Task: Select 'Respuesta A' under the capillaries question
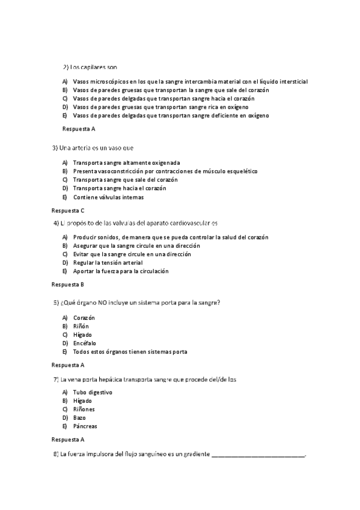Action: pos(79,129)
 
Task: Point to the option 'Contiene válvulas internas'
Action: pos(108,197)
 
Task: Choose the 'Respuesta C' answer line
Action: pos(68,210)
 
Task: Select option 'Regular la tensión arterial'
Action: pos(109,263)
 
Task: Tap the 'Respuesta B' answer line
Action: pos(68,284)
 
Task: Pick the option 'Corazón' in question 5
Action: pos(84,318)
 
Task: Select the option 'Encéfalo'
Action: pos(85,343)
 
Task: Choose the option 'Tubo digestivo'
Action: pos(93,392)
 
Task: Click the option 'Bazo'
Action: pos(79,417)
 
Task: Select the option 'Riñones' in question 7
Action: pos(84,409)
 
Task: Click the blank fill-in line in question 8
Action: pos(258,455)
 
